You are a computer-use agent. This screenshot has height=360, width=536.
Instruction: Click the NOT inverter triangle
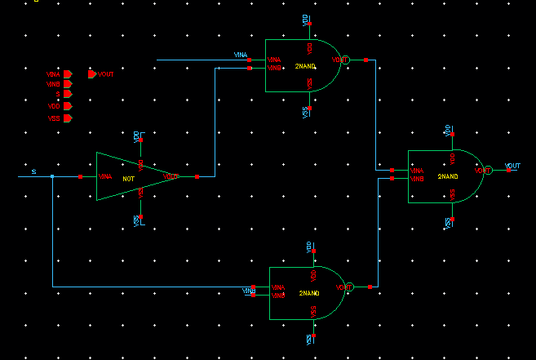(x=131, y=176)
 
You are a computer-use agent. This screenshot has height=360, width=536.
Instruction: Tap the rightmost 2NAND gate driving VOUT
(x=445, y=176)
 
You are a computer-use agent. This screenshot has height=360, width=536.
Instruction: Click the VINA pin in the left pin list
(x=69, y=74)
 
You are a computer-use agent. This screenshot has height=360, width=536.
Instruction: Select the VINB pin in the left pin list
(x=69, y=84)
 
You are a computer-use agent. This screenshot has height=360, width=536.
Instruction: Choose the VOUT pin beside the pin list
(x=91, y=74)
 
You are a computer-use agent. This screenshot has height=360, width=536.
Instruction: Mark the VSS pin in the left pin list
(x=69, y=118)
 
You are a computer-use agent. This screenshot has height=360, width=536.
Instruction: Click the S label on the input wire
(x=33, y=171)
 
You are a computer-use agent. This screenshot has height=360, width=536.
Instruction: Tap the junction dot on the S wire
(x=52, y=176)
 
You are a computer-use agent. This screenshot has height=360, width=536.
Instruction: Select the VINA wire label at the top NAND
(x=241, y=56)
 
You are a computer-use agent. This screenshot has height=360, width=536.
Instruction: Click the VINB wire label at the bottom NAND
(x=249, y=291)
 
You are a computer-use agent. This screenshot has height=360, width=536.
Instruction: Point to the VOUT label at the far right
(x=512, y=166)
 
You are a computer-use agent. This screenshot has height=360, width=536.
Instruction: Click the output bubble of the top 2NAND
(x=344, y=60)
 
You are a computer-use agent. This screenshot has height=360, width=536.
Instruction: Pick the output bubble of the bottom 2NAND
(x=348, y=287)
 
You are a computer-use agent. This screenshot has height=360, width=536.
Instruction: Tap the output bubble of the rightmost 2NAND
(x=488, y=171)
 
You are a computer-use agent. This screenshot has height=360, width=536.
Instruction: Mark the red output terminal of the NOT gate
(x=197, y=176)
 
